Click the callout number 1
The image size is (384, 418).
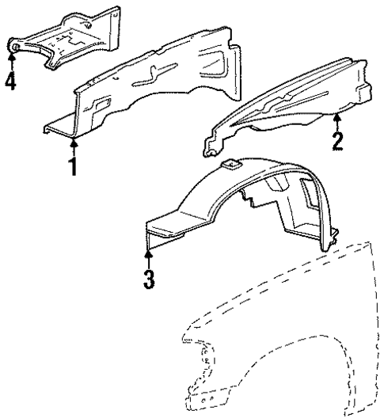click(x=74, y=166)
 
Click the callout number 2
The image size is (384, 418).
click(x=338, y=140)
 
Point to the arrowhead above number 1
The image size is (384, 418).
click(x=74, y=143)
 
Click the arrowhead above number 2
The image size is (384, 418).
click(x=338, y=118)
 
